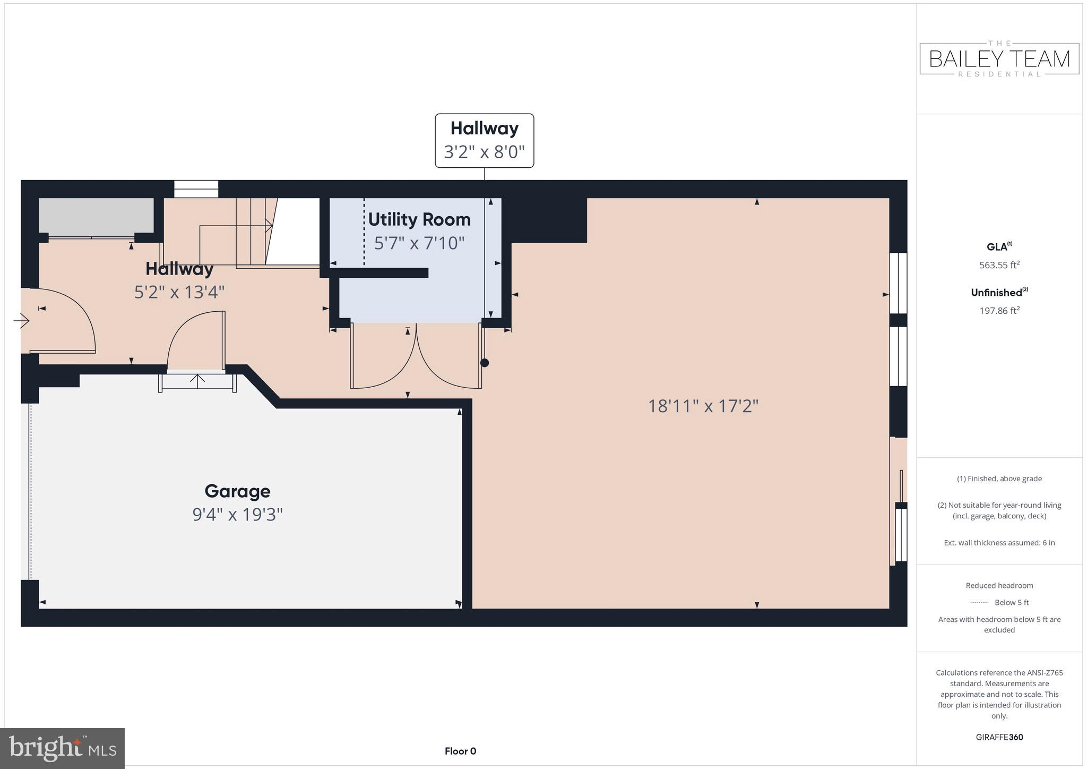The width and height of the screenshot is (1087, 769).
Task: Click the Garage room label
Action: click(x=237, y=491)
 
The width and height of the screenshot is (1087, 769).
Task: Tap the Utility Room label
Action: click(x=419, y=219)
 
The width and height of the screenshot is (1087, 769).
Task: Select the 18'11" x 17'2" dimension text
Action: click(x=703, y=406)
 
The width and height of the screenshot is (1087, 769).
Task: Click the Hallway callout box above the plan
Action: click(x=484, y=140)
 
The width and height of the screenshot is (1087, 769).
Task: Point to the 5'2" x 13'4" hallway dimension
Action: click(x=179, y=292)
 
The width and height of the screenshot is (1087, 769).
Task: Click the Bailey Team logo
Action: click(x=999, y=58)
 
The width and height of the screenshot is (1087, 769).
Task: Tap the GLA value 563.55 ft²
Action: click(x=999, y=265)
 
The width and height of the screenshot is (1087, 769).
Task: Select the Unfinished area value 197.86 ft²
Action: click(x=999, y=311)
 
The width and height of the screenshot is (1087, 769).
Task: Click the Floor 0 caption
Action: click(x=460, y=751)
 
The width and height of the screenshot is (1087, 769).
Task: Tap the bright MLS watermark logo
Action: click(x=63, y=748)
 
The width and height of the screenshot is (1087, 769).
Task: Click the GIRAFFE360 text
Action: click(x=999, y=737)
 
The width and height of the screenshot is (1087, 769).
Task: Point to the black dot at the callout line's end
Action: click(x=484, y=363)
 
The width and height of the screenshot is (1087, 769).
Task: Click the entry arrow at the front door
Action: click(x=22, y=321)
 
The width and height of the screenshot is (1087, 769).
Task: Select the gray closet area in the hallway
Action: click(x=96, y=216)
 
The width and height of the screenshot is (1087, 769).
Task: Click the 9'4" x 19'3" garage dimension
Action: click(x=237, y=515)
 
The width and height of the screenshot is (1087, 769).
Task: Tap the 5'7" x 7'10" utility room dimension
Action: click(x=419, y=243)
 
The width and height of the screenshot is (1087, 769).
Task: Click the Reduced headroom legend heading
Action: click(x=999, y=585)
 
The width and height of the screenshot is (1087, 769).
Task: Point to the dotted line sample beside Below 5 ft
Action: click(x=979, y=602)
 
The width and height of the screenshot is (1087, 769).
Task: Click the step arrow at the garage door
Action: click(x=197, y=381)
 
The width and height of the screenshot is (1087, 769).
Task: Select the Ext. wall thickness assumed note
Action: click(x=999, y=543)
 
